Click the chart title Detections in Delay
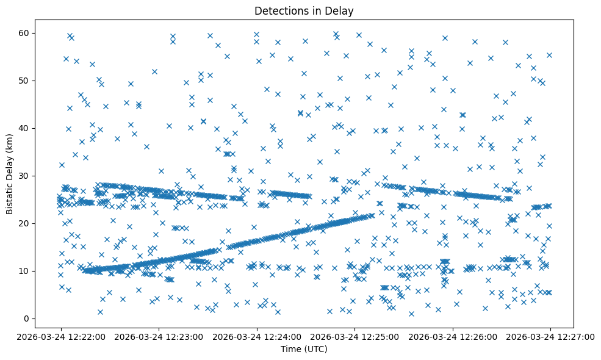[x=304, y=11]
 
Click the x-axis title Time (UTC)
[x=304, y=349]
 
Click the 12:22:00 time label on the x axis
[x=60, y=336]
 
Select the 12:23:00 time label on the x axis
[x=159, y=336]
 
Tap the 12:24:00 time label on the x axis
[x=256, y=336]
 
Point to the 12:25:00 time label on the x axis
[x=354, y=336]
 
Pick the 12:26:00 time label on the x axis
[x=453, y=336]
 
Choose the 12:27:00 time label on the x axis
[x=550, y=336]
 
